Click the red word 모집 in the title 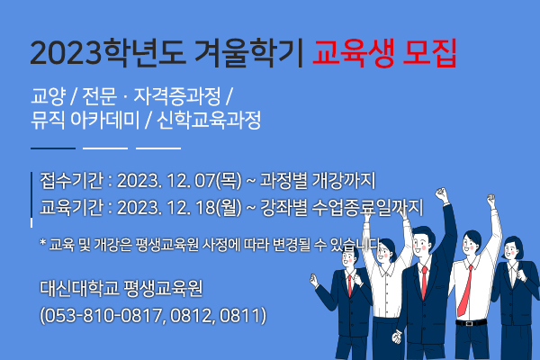coord(429,53)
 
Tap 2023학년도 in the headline coord(109,53)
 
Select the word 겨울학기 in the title coord(249,53)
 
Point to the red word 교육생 coord(353,53)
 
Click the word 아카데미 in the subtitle coord(104,121)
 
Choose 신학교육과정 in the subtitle coord(209,121)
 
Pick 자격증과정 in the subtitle coord(177,96)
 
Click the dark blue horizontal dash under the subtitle coord(53,148)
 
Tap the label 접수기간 coord(72,180)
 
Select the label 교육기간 coord(72,207)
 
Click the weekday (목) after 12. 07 coord(229,181)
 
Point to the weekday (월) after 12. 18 coord(229,208)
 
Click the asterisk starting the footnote coord(43,242)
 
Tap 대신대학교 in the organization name coord(79,288)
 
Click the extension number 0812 coord(191,315)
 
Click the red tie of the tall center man coord(424,283)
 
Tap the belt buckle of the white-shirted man coord(468,323)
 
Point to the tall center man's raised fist coord(441,194)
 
